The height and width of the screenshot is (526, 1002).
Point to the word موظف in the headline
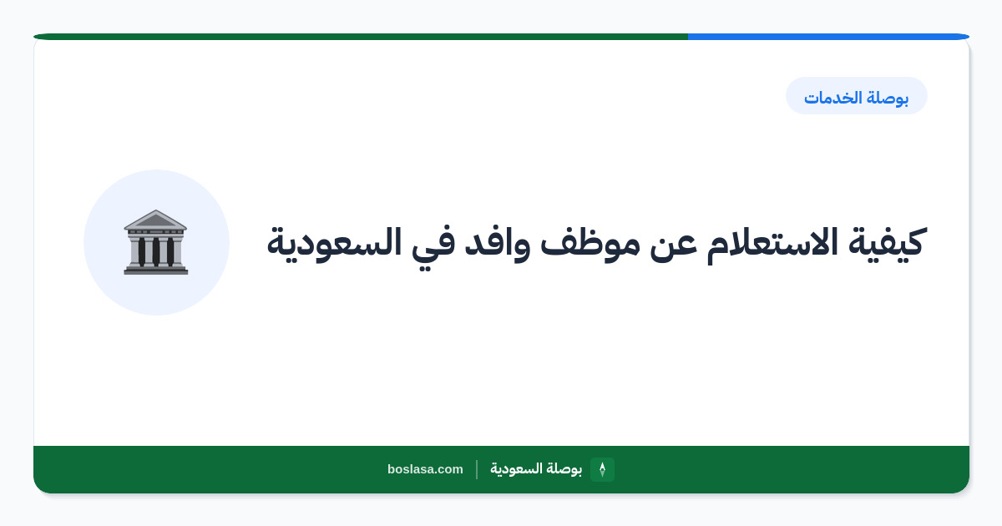click(x=590, y=243)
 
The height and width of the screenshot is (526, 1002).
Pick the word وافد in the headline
click(x=497, y=244)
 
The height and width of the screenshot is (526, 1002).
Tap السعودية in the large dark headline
click(x=334, y=243)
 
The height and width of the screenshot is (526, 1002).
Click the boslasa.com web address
click(x=425, y=469)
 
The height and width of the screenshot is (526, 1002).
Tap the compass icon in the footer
click(x=602, y=469)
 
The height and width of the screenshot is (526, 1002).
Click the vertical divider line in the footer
click(x=477, y=469)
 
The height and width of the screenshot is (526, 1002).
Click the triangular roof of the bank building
click(x=155, y=220)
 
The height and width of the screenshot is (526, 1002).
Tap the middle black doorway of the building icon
click(x=155, y=251)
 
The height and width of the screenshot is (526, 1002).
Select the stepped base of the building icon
click(x=155, y=269)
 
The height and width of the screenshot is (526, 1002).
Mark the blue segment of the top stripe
click(x=828, y=37)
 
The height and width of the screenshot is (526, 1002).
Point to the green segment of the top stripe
click(x=361, y=37)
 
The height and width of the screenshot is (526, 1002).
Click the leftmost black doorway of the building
click(x=142, y=251)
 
